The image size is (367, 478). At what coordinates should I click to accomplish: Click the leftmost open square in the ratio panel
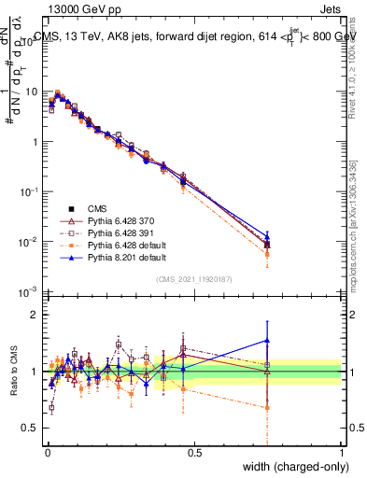(51, 408)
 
